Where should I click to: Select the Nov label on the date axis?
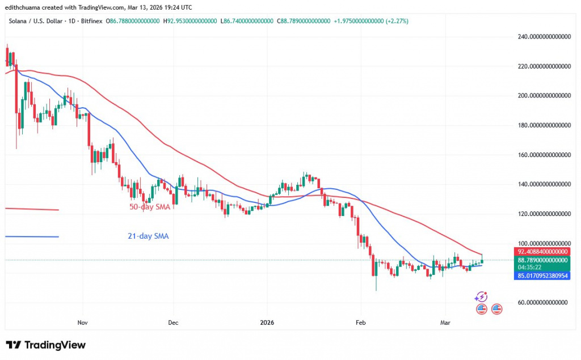pos(82,323)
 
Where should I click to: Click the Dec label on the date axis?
pos(173,323)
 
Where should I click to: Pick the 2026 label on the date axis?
pos(267,323)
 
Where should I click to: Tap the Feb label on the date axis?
pos(360,323)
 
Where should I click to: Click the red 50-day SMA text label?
pos(150,207)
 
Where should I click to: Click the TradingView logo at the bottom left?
pos(45,345)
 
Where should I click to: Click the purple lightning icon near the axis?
pos(481,297)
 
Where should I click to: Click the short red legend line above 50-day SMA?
pos(32,209)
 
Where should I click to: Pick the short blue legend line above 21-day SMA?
pos(32,236)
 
